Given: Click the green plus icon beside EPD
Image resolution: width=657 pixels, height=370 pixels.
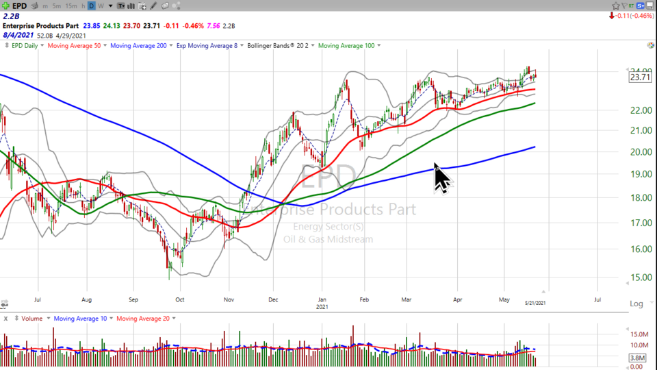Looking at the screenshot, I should tap(5, 5).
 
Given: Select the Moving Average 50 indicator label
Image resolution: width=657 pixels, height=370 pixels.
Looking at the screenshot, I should tap(74, 45).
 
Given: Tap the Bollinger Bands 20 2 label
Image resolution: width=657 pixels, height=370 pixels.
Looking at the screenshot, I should tap(281, 45).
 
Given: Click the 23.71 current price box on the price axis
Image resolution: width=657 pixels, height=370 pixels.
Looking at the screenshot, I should tap(639, 77).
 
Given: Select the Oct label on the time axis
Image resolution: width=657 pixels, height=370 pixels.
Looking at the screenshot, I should tap(180, 299).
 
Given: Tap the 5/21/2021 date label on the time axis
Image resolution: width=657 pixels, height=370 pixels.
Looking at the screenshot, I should tap(534, 302).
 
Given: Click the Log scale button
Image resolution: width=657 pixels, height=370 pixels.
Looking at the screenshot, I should tap(636, 304).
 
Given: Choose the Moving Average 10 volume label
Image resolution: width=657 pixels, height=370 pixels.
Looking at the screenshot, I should tap(79, 318).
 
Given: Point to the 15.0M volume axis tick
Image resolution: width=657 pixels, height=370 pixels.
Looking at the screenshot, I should tap(639, 334).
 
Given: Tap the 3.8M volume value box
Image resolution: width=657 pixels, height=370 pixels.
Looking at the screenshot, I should tap(637, 357).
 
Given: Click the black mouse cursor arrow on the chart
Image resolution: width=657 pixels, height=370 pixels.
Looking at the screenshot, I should tap(441, 177).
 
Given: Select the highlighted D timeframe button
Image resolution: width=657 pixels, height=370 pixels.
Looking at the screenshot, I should tap(92, 5).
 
